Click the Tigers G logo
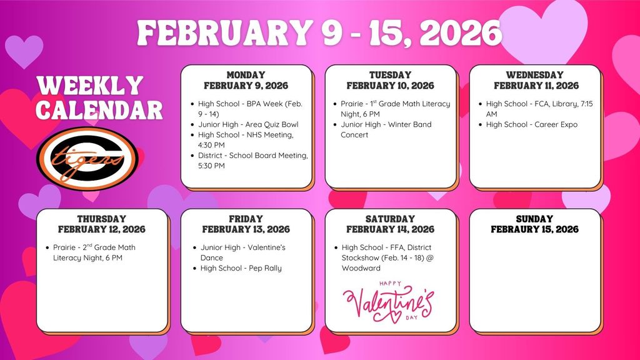point(87,159)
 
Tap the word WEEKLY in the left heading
point(90,86)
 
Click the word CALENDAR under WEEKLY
point(99,110)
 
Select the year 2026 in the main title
point(461,32)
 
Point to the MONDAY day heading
point(246,75)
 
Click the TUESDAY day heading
point(390,75)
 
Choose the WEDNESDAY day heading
point(535,75)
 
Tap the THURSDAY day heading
point(102,219)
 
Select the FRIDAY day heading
point(246,219)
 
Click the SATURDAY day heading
point(390,219)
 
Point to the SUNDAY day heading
point(535,219)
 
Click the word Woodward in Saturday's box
point(361,268)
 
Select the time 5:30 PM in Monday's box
point(211,166)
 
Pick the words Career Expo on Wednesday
point(556,124)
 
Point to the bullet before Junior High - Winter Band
point(335,125)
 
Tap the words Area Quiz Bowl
point(272,124)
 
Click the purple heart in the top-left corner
point(24,51)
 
